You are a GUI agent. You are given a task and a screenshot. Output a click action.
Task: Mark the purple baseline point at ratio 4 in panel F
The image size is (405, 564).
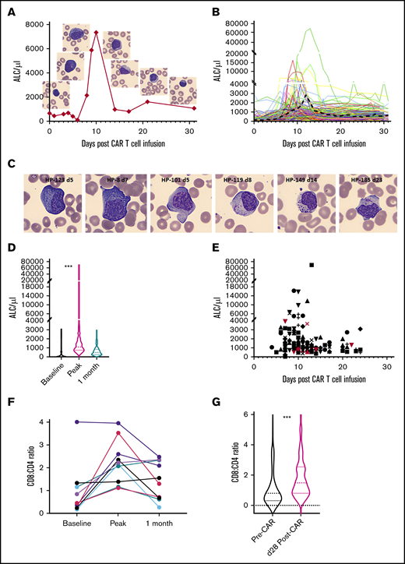coord(55,421)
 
